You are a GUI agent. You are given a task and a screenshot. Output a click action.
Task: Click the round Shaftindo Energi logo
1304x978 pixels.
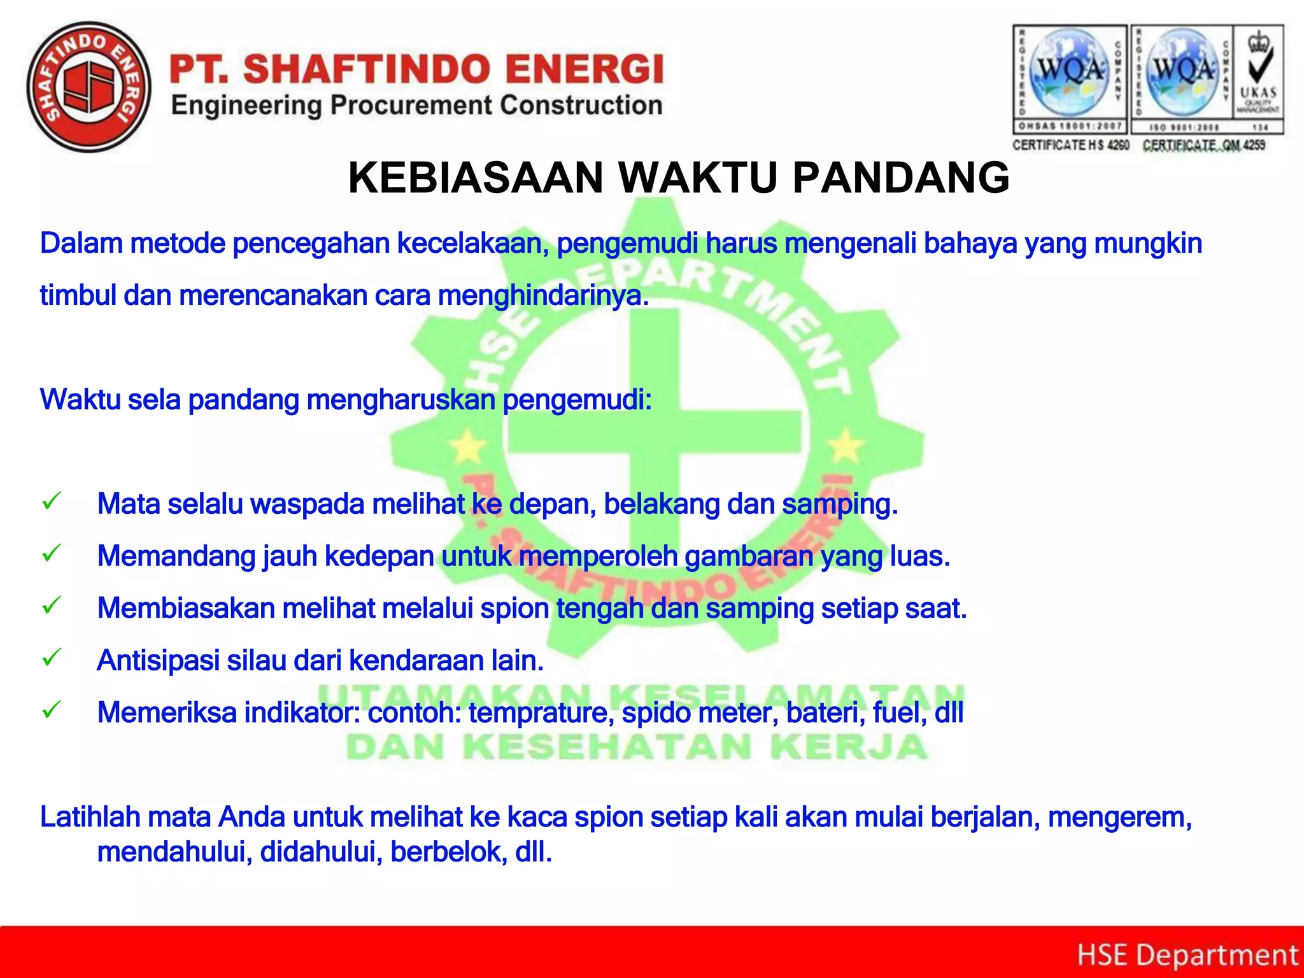pyautogui.click(x=89, y=87)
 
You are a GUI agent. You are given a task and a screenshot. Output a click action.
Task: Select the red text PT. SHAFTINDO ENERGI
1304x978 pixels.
pyautogui.click(x=417, y=69)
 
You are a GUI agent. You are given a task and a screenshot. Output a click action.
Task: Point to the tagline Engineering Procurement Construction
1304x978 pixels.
pyautogui.click(x=417, y=106)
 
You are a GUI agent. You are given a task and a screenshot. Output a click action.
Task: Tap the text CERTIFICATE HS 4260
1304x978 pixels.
pyautogui.click(x=1070, y=145)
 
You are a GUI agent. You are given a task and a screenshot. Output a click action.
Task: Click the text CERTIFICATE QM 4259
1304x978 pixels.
pyautogui.click(x=1203, y=145)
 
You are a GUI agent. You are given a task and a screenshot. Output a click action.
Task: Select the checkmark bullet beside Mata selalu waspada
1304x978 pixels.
pyautogui.click(x=52, y=501)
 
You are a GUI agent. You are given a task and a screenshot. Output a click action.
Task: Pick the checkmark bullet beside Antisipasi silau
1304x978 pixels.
pyautogui.click(x=52, y=657)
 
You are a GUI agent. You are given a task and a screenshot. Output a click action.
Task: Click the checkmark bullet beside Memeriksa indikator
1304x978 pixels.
pyautogui.click(x=52, y=709)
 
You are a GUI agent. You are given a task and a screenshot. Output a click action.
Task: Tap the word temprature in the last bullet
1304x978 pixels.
pyautogui.click(x=541, y=712)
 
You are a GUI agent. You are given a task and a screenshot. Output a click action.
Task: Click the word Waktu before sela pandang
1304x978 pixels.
pyautogui.click(x=80, y=400)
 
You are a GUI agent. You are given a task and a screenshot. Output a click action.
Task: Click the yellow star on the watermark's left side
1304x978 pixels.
pyautogui.click(x=468, y=446)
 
